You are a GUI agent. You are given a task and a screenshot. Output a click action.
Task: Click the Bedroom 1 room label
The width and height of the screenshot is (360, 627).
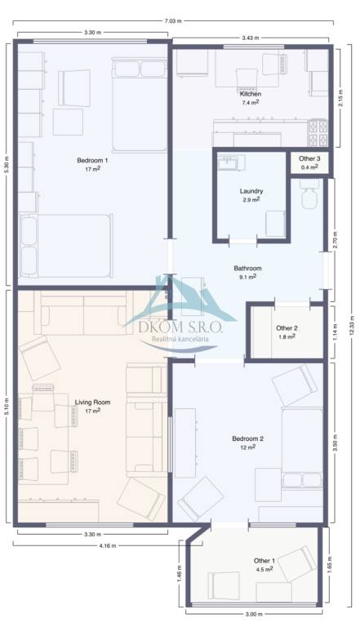pyautogui.click(x=92, y=160)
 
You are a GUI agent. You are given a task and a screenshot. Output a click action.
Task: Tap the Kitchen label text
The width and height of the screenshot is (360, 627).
pyautogui.click(x=251, y=94)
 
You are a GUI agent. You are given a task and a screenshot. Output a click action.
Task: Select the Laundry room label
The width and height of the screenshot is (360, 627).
pyautogui.click(x=251, y=191)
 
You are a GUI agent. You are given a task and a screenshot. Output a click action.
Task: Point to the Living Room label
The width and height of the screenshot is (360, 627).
pyautogui.click(x=93, y=402)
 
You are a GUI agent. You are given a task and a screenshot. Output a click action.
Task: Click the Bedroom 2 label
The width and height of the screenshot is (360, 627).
pyautogui.click(x=247, y=438)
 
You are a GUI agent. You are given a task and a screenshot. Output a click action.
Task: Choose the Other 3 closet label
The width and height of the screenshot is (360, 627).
pyautogui.click(x=309, y=158)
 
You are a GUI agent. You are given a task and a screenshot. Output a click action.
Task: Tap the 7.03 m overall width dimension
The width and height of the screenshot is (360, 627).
pyautogui.click(x=173, y=20)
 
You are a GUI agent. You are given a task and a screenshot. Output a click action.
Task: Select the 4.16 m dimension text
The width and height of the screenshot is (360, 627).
pyautogui.click(x=108, y=545)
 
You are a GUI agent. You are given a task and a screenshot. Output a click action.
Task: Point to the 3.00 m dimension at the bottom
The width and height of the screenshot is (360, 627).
pyautogui.click(x=254, y=614)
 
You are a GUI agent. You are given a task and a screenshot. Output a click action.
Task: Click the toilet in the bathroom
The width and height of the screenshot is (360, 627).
pyautogui.click(x=310, y=194)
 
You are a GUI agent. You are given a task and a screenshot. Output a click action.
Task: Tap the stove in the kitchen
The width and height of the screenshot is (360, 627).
pyautogui.click(x=318, y=133)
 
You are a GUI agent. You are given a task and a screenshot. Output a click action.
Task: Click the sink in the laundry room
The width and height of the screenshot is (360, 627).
pyautogui.click(x=231, y=162)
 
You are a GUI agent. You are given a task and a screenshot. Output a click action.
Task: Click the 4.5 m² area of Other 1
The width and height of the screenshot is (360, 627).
pyautogui.click(x=264, y=568)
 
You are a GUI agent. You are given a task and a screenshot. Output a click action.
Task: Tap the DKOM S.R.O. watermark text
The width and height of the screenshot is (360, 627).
pyautogui.click(x=180, y=328)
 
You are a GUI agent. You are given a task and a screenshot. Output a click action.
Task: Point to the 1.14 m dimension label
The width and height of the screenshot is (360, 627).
pyautogui.click(x=336, y=332)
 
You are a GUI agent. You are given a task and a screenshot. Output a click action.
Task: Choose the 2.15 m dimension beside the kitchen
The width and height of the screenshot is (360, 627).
pyautogui.click(x=340, y=98)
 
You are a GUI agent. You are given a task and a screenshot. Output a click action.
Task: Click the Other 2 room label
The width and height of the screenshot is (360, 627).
pyautogui.click(x=287, y=328)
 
